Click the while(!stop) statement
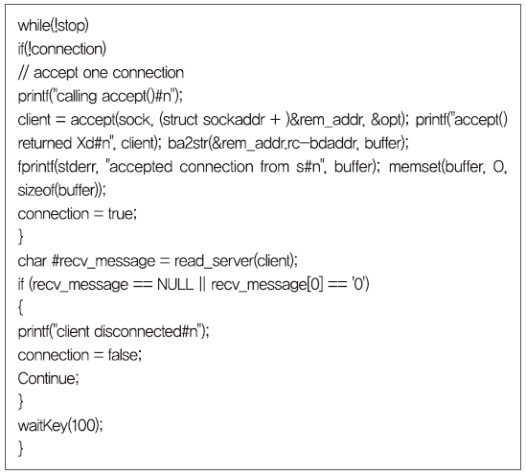pyautogui.click(x=53, y=26)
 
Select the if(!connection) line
pyautogui.click(x=61, y=49)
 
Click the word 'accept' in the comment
pyautogui.click(x=56, y=73)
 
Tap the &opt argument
pyautogui.click(x=387, y=120)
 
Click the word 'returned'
pyautogui.click(x=45, y=143)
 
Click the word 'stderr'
pyautogui.click(x=77, y=167)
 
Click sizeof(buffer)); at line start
pyautogui.click(x=61, y=190)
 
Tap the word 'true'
pyautogui.click(x=121, y=214)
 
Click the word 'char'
pyautogui.click(x=33, y=261)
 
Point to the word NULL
pyautogui.click(x=175, y=285)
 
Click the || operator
pyautogui.click(x=202, y=285)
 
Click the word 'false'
pyautogui.click(x=123, y=355)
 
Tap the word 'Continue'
pyautogui.click(x=47, y=379)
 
